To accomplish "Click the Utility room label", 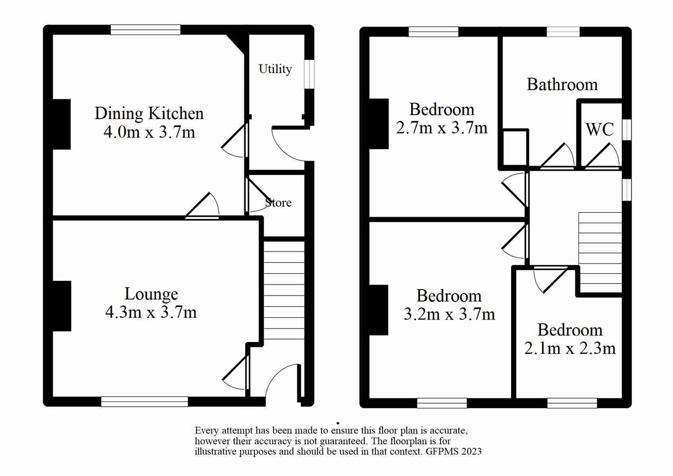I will tap(275, 69).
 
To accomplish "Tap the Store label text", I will tap(278, 203).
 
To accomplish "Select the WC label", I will tap(599, 130).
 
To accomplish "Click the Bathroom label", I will tap(562, 85).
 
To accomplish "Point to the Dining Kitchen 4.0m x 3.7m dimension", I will tap(149, 132).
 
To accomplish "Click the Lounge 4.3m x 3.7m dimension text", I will tap(151, 312).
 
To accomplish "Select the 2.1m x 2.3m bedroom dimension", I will tap(570, 349).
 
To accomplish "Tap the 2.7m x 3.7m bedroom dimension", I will tap(441, 128).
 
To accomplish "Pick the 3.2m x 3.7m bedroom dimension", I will tap(449, 314).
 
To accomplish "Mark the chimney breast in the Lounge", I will tap(62, 306).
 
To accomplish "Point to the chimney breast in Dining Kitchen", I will tap(62, 124).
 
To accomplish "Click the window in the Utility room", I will tap(310, 74).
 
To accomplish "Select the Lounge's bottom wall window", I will tap(145, 401).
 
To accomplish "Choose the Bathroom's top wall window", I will tap(563, 32).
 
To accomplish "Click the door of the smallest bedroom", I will tap(551, 279).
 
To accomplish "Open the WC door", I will tap(601, 157).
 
